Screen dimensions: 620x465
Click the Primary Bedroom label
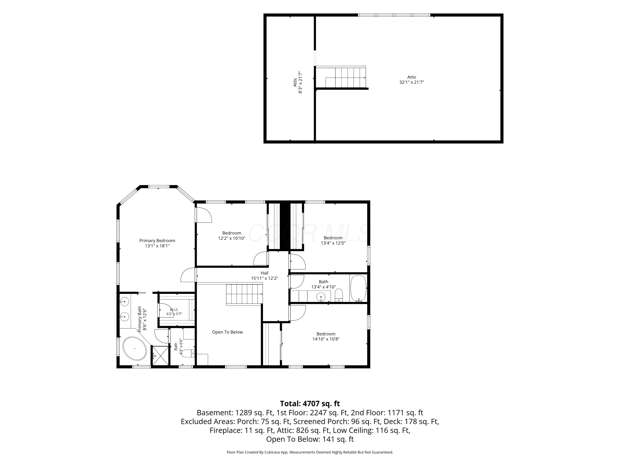(x=157, y=241)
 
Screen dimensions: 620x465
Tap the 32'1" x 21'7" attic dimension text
(x=412, y=82)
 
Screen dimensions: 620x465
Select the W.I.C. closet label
(x=174, y=309)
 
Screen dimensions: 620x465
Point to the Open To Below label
(x=227, y=332)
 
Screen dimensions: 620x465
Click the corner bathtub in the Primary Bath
(x=135, y=348)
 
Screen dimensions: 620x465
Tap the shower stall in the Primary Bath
(x=160, y=356)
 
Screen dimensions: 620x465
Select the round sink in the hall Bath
(x=321, y=296)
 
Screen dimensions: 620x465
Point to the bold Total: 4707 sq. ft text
(x=310, y=404)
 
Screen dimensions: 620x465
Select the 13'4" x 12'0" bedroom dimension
(x=333, y=243)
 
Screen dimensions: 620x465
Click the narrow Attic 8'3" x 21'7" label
(x=298, y=82)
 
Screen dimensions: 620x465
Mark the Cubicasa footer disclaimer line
(x=310, y=452)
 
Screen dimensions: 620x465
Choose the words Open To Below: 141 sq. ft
(x=310, y=439)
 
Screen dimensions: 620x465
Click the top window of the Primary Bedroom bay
(x=159, y=186)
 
